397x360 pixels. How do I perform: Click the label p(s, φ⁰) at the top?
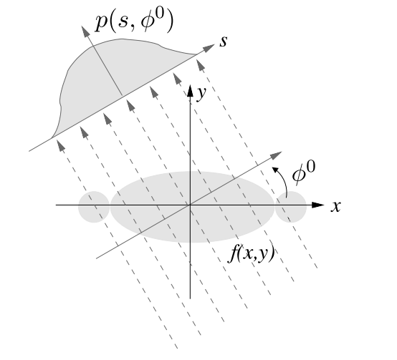pos(135,21)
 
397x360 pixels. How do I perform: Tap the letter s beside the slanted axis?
pos(224,41)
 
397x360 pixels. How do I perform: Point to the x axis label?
pos(335,207)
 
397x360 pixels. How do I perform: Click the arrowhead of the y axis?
pos(191,89)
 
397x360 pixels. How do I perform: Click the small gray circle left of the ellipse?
pos(94,206)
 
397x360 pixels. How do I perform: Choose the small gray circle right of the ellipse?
pos(291,206)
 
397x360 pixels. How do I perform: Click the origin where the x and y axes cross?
pos(191,205)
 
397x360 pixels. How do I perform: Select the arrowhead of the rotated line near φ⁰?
pos(277,157)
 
